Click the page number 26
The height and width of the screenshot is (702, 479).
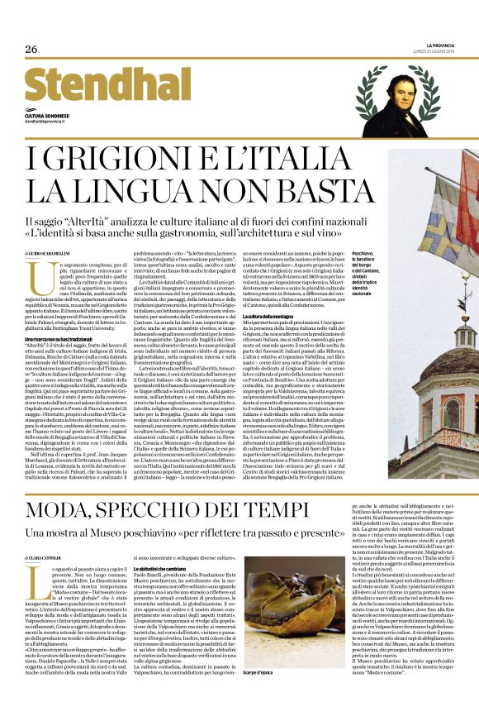pyautogui.click(x=31, y=49)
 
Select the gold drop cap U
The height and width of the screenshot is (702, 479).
pyautogui.click(x=36, y=275)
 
